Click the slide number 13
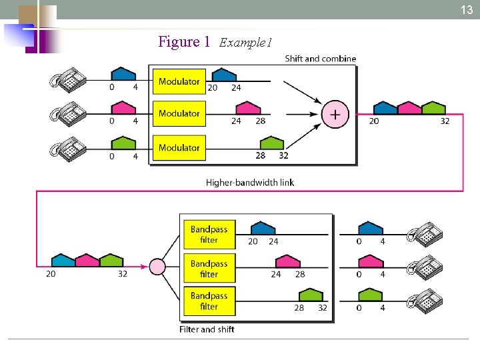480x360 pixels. click(467, 9)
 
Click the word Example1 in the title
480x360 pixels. click(245, 43)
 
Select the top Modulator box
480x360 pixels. click(179, 81)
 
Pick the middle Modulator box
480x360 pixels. click(179, 114)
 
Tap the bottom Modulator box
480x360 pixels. click(179, 147)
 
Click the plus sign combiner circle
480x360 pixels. click(335, 115)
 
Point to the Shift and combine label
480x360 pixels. click(320, 59)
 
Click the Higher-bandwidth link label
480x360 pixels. click(249, 182)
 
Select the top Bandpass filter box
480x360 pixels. click(209, 234)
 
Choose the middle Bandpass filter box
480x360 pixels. click(209, 268)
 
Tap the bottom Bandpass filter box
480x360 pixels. click(209, 301)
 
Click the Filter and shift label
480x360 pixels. click(207, 329)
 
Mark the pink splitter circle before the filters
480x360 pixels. click(157, 267)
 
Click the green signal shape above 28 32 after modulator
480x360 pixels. click(271, 143)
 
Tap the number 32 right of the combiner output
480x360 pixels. click(445, 121)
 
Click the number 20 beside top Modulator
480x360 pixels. click(213, 87)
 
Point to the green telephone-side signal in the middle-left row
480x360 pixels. click(123, 143)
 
